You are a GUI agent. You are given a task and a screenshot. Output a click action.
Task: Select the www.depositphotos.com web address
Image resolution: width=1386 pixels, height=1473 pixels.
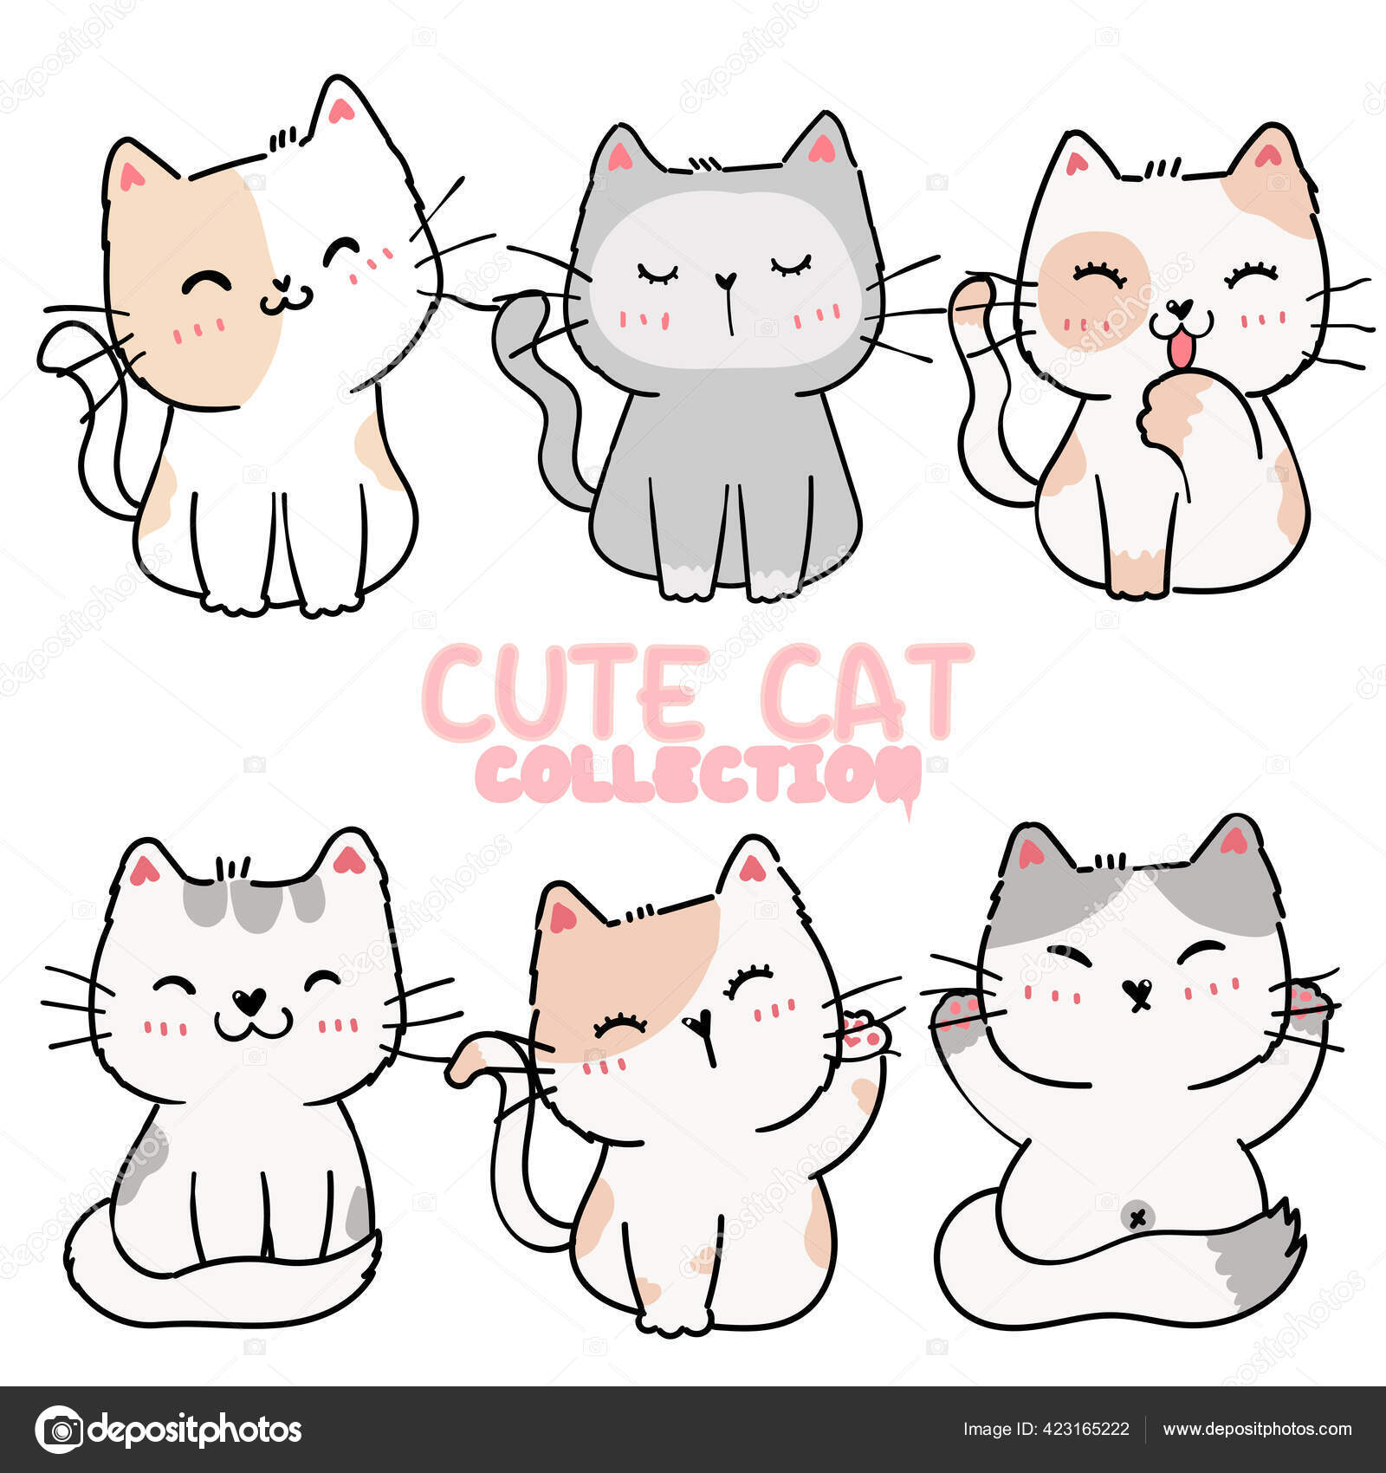pos(1257,1429)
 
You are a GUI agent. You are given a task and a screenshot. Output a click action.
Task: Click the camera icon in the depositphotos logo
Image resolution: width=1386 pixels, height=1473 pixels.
pos(60,1429)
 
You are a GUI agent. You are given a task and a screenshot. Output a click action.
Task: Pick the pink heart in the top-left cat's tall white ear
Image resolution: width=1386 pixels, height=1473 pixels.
pos(340,110)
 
